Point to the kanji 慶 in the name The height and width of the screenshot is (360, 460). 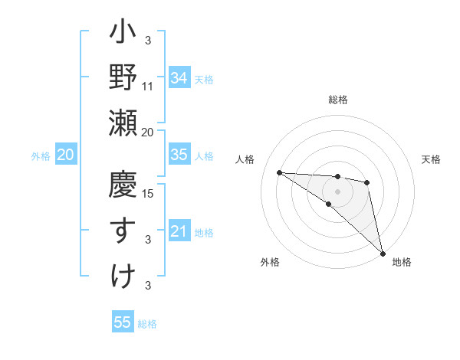123,186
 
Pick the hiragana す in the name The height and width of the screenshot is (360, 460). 123,231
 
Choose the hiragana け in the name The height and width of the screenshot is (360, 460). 123,275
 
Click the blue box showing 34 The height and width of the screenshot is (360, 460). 179,77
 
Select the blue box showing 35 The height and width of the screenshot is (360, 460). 179,155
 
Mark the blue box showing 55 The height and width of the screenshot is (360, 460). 123,322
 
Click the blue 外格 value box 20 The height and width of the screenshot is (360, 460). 66,155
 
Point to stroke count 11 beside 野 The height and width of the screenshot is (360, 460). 148,87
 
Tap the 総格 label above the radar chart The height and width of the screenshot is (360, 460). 338,100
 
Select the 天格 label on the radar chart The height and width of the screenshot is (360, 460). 431,159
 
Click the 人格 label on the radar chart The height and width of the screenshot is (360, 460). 245,159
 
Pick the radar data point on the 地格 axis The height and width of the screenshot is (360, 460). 383,252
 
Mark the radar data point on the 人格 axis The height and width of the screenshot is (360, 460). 279,172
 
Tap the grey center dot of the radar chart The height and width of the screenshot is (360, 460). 338,191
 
